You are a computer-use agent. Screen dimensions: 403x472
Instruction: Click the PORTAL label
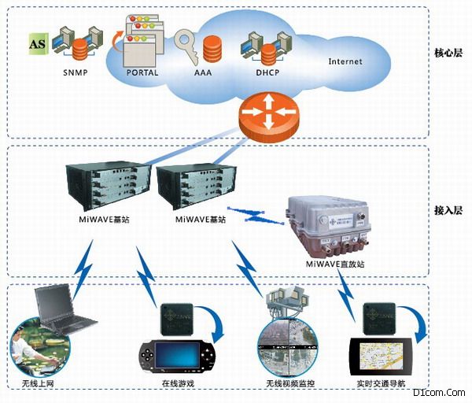click(x=142, y=73)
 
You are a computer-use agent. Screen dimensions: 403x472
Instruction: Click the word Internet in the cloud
click(x=346, y=61)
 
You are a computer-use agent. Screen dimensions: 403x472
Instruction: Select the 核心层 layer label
click(x=448, y=54)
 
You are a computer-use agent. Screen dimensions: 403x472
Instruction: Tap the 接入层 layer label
click(x=448, y=210)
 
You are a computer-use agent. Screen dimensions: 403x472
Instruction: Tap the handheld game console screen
click(x=175, y=357)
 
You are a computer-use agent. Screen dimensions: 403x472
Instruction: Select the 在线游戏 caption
click(x=176, y=384)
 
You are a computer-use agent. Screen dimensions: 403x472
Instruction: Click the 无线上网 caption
click(x=38, y=384)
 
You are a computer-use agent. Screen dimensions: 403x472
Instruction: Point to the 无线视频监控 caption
click(x=289, y=384)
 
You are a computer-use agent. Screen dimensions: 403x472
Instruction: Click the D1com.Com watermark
click(x=444, y=392)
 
